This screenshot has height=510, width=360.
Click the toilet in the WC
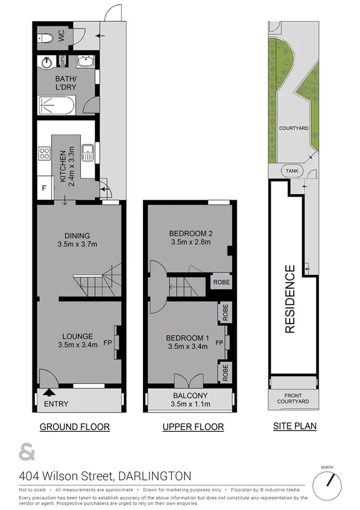(x=48, y=38)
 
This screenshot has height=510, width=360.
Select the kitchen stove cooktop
(x=44, y=153)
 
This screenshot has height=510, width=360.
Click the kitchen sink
(x=88, y=153)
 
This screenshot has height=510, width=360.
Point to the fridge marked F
(x=43, y=188)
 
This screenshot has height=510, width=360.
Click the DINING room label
(x=77, y=235)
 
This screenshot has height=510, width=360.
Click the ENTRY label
(x=56, y=404)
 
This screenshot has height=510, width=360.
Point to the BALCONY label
(x=188, y=395)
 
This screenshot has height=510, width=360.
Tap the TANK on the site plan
(x=292, y=170)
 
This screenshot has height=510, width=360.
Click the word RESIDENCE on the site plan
(x=290, y=299)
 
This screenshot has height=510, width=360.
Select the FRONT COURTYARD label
(x=293, y=398)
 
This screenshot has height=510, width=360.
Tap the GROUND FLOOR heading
(x=75, y=427)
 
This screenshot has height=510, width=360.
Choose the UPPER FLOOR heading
(x=193, y=427)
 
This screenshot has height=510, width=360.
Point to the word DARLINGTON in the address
(x=155, y=476)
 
